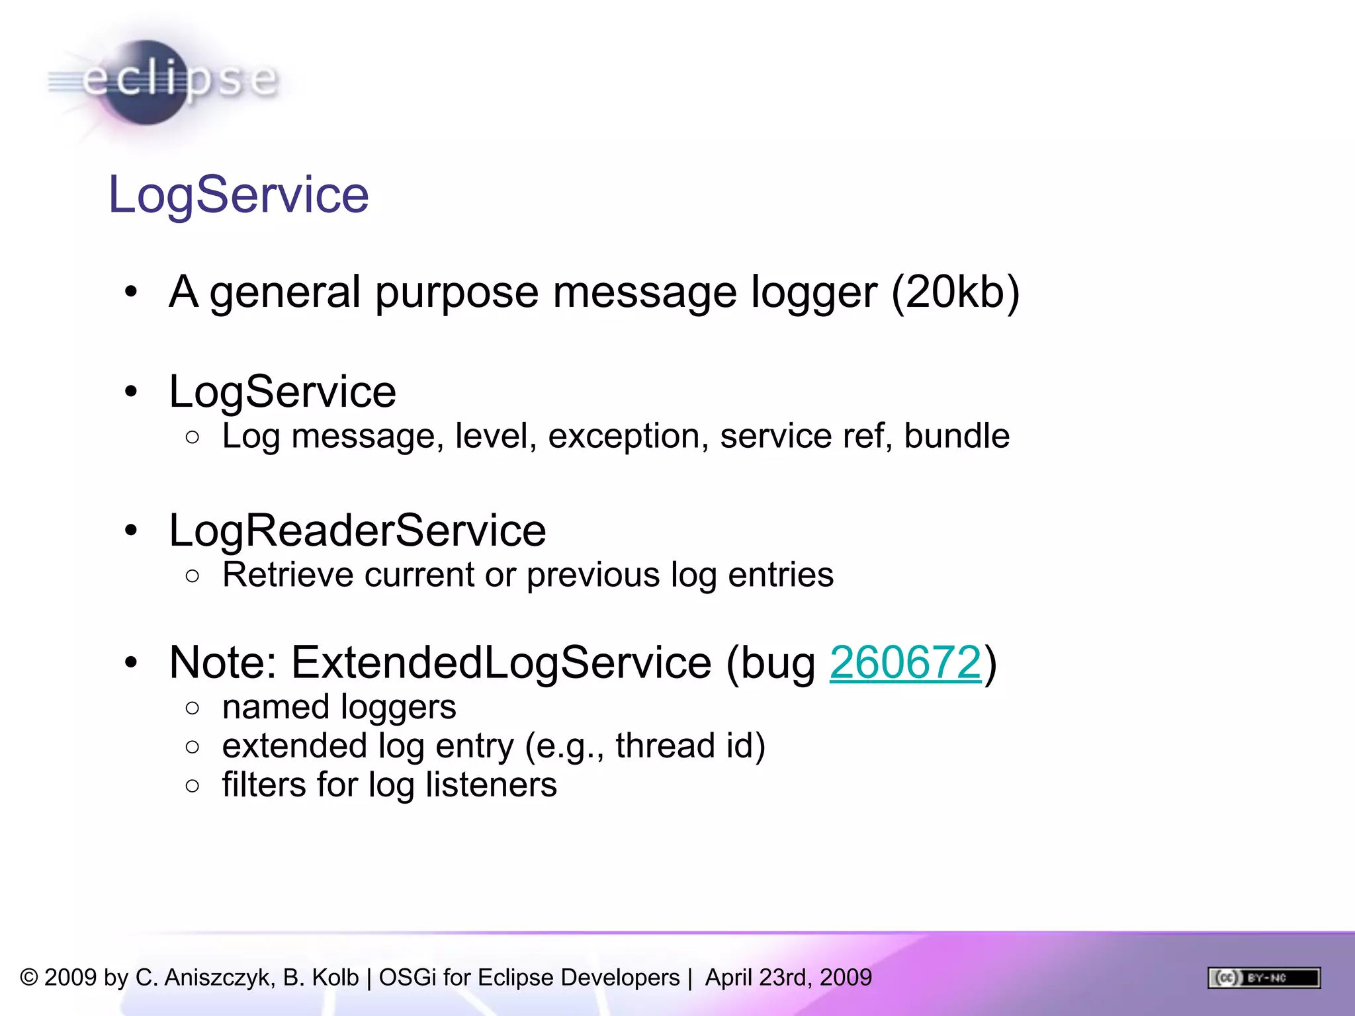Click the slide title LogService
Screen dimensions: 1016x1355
[238, 194]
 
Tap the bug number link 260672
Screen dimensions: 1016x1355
[905, 662]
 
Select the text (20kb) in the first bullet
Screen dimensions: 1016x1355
[955, 292]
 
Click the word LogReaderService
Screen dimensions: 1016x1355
[357, 530]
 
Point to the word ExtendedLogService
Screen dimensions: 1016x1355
[501, 662]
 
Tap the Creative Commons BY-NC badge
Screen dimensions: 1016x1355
[1264, 978]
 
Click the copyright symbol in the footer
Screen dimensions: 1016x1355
[29, 978]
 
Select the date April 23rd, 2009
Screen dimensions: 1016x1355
[789, 978]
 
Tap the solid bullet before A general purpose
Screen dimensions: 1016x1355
[131, 292]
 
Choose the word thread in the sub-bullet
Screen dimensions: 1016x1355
[665, 746]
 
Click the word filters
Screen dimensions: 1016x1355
[264, 784]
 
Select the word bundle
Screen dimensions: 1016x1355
[957, 437]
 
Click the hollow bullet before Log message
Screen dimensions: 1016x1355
[193, 437]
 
